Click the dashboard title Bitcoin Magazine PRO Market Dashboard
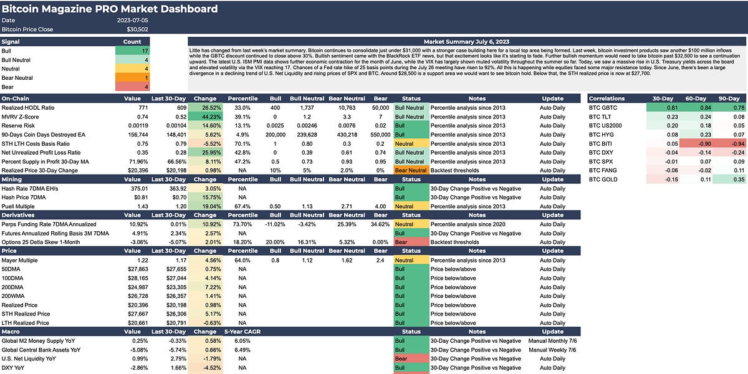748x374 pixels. (110, 9)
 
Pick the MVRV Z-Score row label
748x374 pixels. (21, 117)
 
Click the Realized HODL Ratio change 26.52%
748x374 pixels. (205, 108)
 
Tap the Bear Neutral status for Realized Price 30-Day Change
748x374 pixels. (411, 170)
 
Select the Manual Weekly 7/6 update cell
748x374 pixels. (553, 350)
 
